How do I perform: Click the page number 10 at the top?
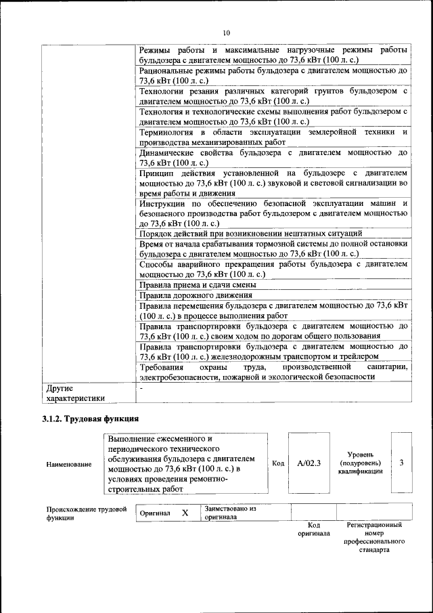pyautogui.click(x=226, y=33)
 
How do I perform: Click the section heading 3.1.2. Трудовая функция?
pyautogui.click(x=91, y=418)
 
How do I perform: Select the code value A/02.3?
pyautogui.click(x=309, y=463)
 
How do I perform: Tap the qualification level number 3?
pyautogui.click(x=402, y=463)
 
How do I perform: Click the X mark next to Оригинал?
pyautogui.click(x=185, y=513)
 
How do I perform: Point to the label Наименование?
pyautogui.click(x=69, y=464)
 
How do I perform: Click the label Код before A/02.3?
pyautogui.click(x=277, y=463)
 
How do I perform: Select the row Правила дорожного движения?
pyautogui.click(x=196, y=295)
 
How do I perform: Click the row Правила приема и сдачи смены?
pyautogui.click(x=200, y=284)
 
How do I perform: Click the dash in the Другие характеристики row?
pyautogui.click(x=141, y=388)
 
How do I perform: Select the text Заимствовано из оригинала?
pyautogui.click(x=229, y=512)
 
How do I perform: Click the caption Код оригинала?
pyautogui.click(x=313, y=529)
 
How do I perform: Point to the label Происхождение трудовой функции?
pyautogui.click(x=86, y=513)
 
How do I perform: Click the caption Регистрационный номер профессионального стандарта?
pyautogui.click(x=374, y=537)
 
